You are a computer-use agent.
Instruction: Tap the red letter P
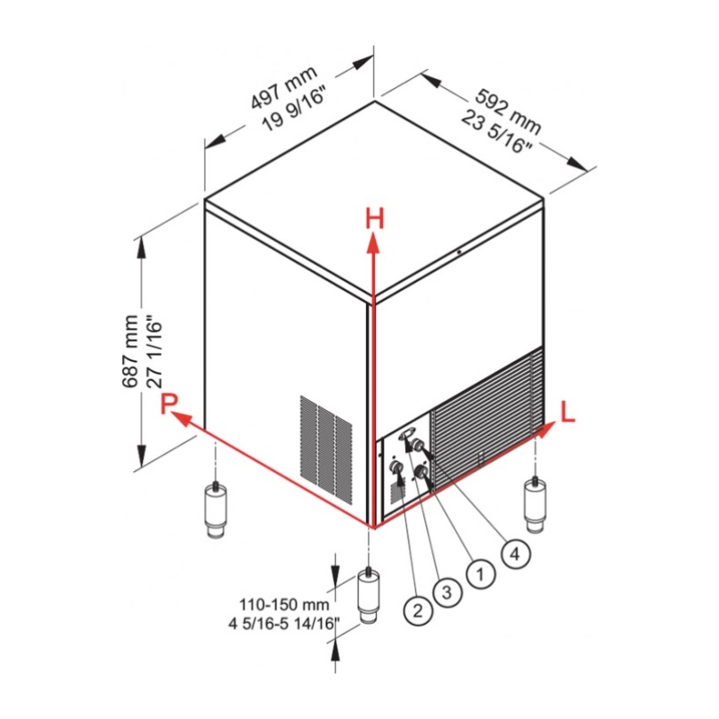pos(169,404)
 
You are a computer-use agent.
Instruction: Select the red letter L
pos(568,412)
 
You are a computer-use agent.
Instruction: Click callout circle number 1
pos(481,573)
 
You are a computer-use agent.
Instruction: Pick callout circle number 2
pos(418,611)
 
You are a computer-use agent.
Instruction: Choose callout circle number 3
pos(447,592)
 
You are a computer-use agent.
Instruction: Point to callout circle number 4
pos(516,554)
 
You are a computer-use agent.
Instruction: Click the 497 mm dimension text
pos(284,87)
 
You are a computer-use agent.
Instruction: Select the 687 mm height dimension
pos(130,351)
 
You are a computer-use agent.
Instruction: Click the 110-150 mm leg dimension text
pos(284,604)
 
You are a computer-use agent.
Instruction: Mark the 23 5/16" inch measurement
pos(497,132)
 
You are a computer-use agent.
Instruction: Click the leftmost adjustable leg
pos(215,509)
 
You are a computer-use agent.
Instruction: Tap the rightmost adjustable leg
pos(535,504)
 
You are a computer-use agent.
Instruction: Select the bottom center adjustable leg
pos(368,595)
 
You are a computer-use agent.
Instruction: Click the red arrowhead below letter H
pos(374,243)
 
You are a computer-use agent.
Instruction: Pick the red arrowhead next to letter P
pos(181,418)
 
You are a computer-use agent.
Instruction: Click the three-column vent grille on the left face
pos(326,449)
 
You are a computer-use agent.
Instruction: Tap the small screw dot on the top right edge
pos(458,252)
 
